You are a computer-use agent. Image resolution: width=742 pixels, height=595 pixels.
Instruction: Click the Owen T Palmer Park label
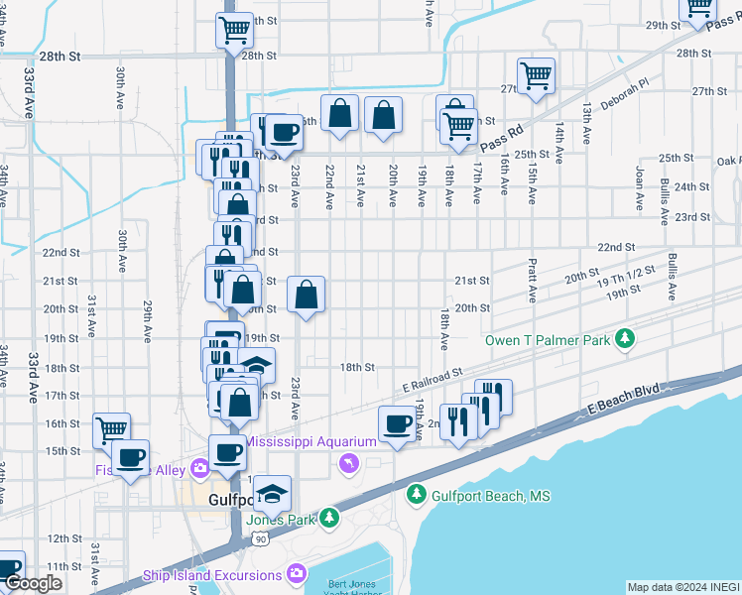point(547,340)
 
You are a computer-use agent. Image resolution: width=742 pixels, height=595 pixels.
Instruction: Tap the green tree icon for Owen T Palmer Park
point(624,340)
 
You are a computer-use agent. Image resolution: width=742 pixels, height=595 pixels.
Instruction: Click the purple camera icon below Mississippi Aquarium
point(348,463)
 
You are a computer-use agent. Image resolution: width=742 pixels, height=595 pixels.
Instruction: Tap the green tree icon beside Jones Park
point(328,518)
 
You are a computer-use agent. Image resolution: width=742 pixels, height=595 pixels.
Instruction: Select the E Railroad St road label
point(433,380)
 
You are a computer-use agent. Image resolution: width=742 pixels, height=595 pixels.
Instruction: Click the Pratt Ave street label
point(533,282)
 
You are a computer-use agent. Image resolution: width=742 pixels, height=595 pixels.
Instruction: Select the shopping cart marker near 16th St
point(112,430)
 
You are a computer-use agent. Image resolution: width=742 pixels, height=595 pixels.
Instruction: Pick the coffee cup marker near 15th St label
point(130,457)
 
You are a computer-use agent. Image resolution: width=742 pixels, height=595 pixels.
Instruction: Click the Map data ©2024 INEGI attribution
point(683,587)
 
